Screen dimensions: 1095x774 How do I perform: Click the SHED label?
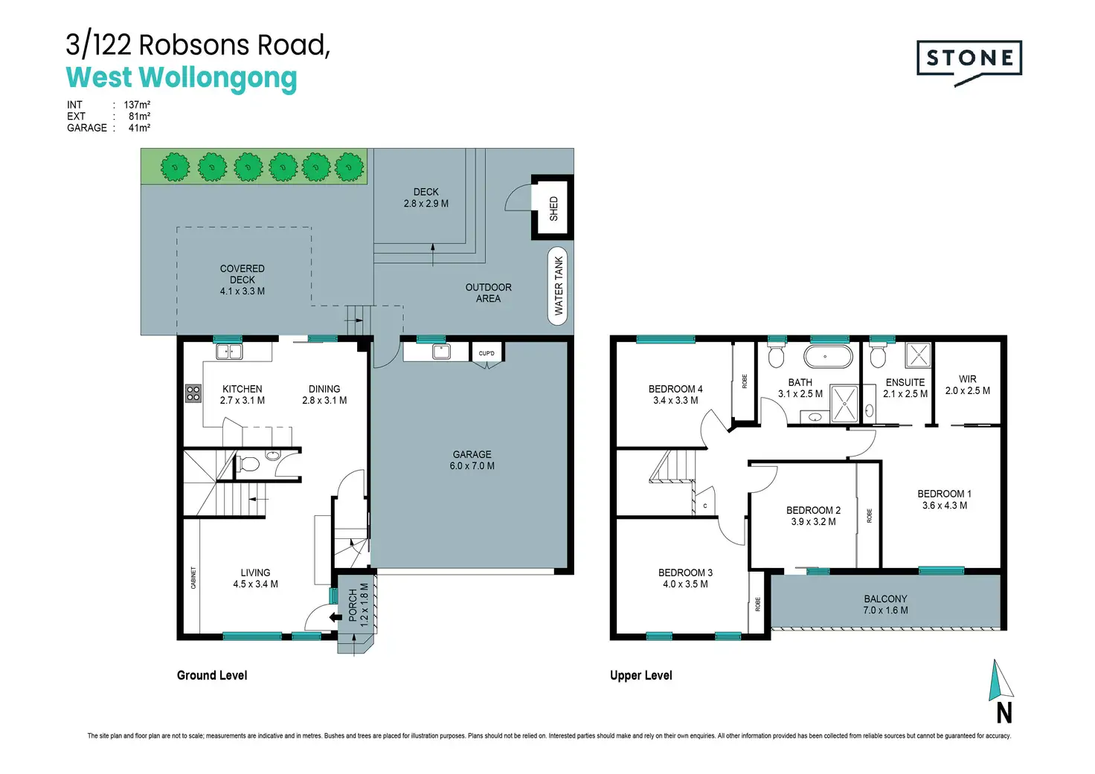tap(553, 209)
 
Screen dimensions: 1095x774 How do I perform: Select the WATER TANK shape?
tap(558, 286)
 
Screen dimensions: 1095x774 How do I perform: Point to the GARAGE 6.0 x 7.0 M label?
tap(472, 459)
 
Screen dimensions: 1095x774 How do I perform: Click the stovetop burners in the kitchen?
tap(193, 393)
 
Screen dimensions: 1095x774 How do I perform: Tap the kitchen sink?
tap(229, 352)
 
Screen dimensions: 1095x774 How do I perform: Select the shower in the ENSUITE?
tap(917, 355)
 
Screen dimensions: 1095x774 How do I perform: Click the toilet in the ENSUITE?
tap(878, 356)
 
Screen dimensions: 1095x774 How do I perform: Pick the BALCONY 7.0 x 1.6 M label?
tap(885, 604)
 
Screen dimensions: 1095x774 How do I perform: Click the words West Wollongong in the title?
tap(182, 78)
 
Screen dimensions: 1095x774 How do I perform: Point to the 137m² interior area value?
tap(137, 105)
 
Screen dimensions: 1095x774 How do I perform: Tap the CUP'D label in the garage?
tap(487, 353)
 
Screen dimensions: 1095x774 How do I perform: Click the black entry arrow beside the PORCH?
tap(335, 617)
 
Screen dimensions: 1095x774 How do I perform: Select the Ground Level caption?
tap(212, 675)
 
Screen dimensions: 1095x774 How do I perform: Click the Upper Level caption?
tap(641, 675)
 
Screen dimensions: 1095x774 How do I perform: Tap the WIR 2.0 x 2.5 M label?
tap(967, 385)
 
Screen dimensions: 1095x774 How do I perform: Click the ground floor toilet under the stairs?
tap(248, 464)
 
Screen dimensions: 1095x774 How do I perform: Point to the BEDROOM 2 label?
tap(813, 510)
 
